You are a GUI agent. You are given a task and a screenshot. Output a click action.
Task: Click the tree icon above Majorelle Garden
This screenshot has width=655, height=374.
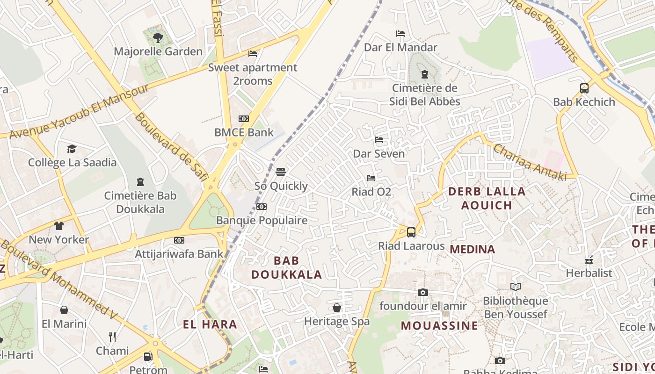[x=158, y=37]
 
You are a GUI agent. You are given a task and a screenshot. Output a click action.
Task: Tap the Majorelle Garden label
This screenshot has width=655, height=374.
[x=158, y=51]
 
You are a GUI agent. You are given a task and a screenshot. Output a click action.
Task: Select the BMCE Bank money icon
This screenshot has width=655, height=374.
[x=244, y=119]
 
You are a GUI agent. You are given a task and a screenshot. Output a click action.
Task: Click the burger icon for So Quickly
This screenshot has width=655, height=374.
[x=281, y=172]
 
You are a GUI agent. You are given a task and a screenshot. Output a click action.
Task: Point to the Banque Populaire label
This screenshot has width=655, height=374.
[x=262, y=220]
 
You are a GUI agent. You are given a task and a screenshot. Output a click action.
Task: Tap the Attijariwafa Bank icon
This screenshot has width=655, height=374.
[x=179, y=240]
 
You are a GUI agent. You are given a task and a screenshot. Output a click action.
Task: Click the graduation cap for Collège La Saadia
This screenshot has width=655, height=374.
[x=72, y=149]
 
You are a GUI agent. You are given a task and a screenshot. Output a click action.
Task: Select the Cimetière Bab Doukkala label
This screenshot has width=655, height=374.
[x=140, y=202]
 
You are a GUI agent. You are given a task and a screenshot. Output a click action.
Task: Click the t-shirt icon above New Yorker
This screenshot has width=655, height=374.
[x=58, y=226]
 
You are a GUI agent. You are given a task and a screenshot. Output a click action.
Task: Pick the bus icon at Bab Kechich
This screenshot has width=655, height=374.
[x=584, y=88]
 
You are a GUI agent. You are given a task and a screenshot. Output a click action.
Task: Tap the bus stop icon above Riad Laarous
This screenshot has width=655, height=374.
[x=411, y=232]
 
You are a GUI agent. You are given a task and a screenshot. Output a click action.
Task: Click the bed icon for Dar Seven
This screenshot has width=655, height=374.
[x=379, y=140]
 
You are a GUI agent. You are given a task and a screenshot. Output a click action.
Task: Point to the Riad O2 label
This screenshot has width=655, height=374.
[x=371, y=192]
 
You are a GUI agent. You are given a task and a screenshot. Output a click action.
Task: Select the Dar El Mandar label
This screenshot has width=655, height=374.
[x=400, y=47]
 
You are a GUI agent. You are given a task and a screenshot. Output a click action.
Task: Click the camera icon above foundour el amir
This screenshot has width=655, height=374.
[x=423, y=292]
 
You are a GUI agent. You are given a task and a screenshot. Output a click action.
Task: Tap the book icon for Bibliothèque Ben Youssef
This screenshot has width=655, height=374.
[x=516, y=287]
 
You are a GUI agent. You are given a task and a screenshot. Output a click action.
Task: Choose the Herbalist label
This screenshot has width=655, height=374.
[x=589, y=273]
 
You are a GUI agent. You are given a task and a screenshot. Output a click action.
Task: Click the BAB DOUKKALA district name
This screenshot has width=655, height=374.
[x=287, y=267]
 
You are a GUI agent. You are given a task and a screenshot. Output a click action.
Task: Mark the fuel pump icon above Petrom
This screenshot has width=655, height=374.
[x=148, y=356]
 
